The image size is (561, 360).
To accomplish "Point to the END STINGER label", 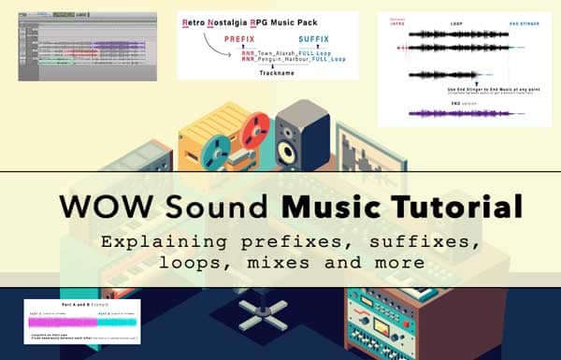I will (525, 22).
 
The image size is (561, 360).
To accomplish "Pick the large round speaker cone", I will (285, 151).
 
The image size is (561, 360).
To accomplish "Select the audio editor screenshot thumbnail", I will (75, 47).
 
